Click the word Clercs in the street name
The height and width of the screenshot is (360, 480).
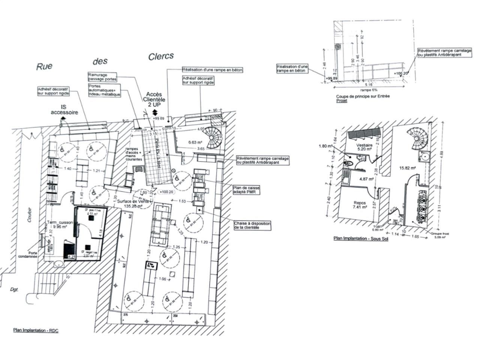tap(161, 56)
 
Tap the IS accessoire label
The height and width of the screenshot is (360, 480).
tap(64, 109)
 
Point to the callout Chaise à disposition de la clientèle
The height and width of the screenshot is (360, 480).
tap(252, 225)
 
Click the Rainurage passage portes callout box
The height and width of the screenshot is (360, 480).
tap(102, 77)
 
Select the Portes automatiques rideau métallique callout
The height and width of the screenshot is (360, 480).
tap(104, 90)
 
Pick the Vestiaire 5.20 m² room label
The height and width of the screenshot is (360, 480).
tap(363, 147)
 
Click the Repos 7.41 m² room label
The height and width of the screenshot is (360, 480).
tap(360, 205)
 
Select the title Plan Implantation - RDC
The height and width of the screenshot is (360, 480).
tap(36, 330)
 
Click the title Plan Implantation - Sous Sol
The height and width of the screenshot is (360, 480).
tap(361, 238)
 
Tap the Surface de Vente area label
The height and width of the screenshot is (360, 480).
tap(134, 203)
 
